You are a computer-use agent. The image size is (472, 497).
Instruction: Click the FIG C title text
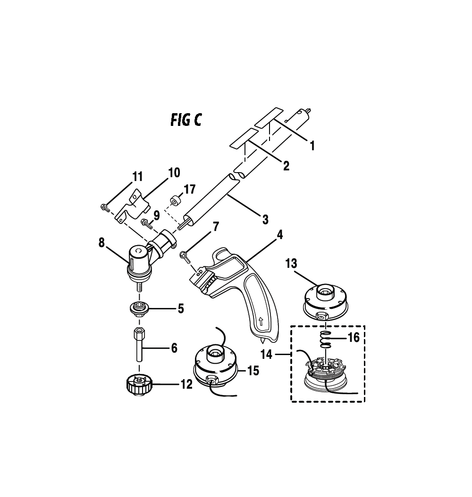(x=186, y=120)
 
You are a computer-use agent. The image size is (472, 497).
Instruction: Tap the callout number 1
(x=312, y=146)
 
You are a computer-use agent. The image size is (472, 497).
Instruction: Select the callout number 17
(x=190, y=189)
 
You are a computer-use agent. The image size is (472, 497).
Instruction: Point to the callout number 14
(x=267, y=355)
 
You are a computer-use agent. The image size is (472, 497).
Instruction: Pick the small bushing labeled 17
(x=175, y=201)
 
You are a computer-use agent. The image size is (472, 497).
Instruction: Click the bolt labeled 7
(x=185, y=257)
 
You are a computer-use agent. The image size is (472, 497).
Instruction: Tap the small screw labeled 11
(x=105, y=207)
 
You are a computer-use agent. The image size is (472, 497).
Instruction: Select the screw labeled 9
(x=146, y=223)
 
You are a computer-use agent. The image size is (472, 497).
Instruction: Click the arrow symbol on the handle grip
(x=261, y=323)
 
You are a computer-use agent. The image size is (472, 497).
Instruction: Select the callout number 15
(x=253, y=370)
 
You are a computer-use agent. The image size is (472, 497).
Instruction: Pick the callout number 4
(x=279, y=235)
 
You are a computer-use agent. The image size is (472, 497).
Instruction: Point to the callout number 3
(x=265, y=219)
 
